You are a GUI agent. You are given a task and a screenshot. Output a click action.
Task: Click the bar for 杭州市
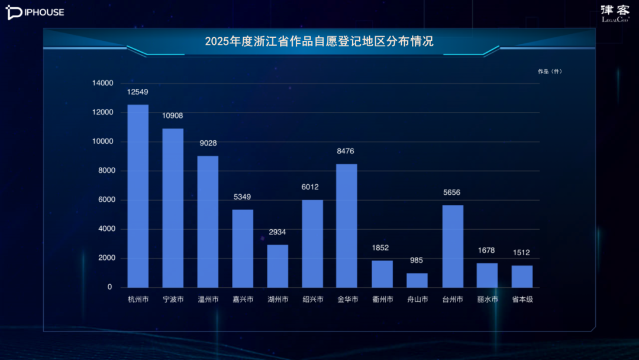(138, 196)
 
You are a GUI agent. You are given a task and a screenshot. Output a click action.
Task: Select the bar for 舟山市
(417, 280)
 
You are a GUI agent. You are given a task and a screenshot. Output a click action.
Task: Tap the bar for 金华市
(347, 226)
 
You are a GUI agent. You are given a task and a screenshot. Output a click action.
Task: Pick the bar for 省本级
(522, 276)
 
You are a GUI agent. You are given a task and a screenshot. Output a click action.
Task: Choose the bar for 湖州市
(277, 266)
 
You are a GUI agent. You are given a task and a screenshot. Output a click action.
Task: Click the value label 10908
(173, 115)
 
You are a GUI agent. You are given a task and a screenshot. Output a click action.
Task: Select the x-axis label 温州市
(208, 300)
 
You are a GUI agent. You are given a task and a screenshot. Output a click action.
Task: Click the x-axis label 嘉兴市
(243, 300)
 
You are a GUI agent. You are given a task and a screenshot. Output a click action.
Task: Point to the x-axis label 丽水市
(487, 300)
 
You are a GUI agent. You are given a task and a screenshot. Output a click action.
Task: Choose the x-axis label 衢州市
(382, 300)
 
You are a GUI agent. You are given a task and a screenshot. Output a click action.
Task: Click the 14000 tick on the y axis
(102, 83)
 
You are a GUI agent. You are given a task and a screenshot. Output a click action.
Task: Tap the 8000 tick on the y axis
(104, 171)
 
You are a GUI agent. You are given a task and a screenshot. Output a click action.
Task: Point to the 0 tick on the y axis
(109, 287)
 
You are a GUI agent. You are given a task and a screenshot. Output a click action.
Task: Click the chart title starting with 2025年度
(319, 41)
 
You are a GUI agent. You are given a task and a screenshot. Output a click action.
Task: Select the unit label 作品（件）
(550, 72)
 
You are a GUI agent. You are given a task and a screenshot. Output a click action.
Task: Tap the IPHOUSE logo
(35, 12)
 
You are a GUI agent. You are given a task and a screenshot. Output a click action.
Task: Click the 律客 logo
(615, 12)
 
